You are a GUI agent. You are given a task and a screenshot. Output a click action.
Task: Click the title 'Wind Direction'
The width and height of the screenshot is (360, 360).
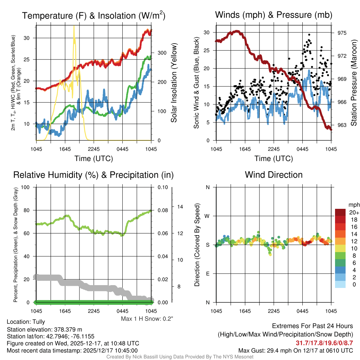click(x=274, y=175)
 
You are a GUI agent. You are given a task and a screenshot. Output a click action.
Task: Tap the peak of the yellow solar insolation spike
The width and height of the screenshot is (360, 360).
click(x=74, y=26)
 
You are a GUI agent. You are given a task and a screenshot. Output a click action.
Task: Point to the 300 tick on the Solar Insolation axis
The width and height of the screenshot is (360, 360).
click(x=159, y=53)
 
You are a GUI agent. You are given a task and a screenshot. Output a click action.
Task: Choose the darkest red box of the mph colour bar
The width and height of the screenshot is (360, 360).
click(x=340, y=212)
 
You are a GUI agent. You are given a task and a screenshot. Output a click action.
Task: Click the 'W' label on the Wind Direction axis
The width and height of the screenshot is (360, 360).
click(x=207, y=216)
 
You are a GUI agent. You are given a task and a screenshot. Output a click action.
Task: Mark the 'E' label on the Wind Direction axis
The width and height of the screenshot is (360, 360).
click(x=207, y=274)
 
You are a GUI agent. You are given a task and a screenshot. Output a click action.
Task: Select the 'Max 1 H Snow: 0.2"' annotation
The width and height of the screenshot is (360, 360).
click(x=147, y=319)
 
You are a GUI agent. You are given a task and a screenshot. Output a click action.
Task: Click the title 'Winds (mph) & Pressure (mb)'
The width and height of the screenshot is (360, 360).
click(x=274, y=15)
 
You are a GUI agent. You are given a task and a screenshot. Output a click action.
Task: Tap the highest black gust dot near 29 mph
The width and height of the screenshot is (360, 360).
click(x=309, y=35)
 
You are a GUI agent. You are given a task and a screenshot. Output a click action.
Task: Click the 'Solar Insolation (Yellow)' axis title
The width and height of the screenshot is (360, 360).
click(x=174, y=83)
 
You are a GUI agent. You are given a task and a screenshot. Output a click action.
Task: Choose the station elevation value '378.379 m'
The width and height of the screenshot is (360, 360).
click(x=68, y=329)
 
